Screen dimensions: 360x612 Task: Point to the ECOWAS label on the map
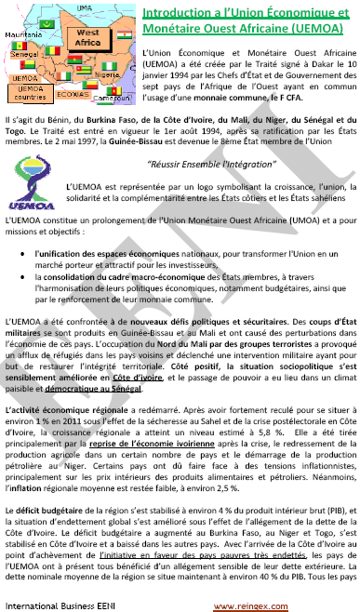point(72,94)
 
